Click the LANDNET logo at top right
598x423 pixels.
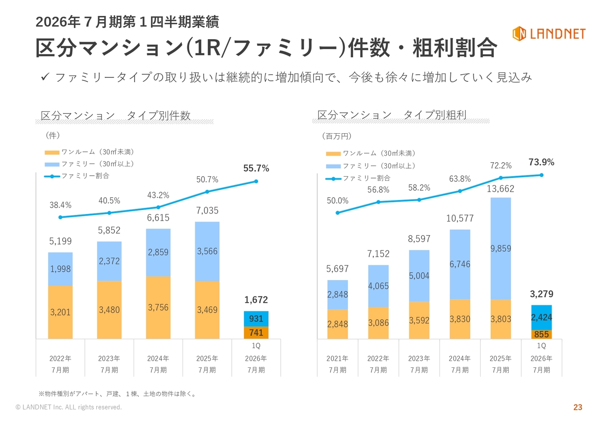(x=548, y=34)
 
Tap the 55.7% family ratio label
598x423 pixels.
(x=256, y=169)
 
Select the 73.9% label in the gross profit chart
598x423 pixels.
(x=541, y=163)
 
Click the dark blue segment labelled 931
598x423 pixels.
(x=256, y=319)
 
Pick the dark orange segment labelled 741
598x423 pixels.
(x=256, y=333)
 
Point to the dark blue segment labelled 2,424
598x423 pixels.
(x=541, y=317)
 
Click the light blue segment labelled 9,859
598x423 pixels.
(x=500, y=249)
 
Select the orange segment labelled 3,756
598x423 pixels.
(x=158, y=308)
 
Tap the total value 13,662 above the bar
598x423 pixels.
(x=500, y=189)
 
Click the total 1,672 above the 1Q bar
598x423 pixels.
(x=256, y=300)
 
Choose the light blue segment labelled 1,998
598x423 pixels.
(x=60, y=269)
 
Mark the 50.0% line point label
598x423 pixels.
(x=337, y=201)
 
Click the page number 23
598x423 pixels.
(x=578, y=408)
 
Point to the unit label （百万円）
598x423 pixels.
(x=336, y=136)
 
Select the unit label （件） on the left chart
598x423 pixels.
(x=52, y=135)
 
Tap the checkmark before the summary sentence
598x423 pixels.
(x=46, y=77)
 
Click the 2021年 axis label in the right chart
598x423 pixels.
(x=337, y=359)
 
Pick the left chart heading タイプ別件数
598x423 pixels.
(x=159, y=116)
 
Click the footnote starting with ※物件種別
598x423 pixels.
(x=117, y=394)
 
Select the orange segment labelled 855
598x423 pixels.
(x=541, y=335)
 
